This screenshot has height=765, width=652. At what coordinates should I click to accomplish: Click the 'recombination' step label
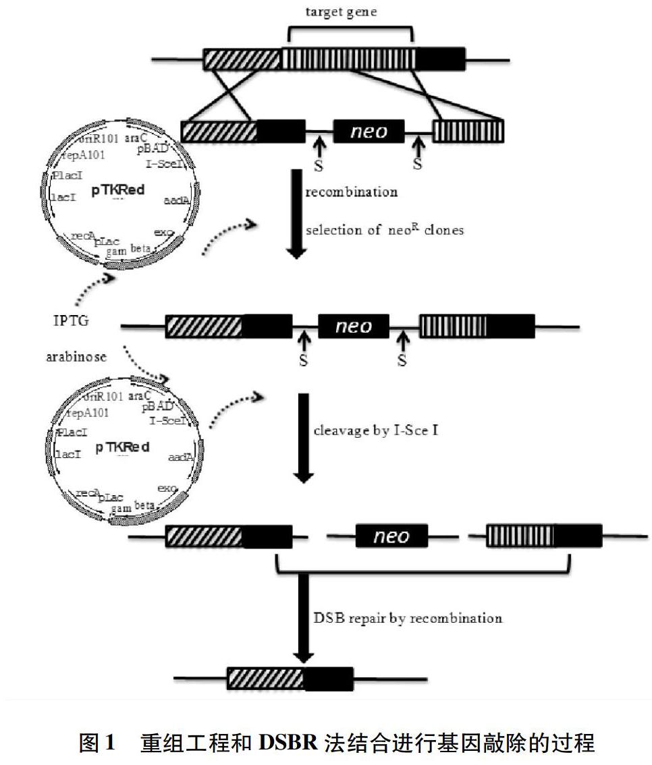pyautogui.click(x=351, y=192)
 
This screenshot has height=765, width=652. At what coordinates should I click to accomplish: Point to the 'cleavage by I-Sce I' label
pyautogui.click(x=376, y=429)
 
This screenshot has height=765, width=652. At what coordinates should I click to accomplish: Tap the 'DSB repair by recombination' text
pyautogui.click(x=408, y=618)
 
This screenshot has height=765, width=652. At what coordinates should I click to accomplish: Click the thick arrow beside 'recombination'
pyautogui.click(x=297, y=213)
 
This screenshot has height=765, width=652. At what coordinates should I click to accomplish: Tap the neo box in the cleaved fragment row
pyautogui.click(x=391, y=536)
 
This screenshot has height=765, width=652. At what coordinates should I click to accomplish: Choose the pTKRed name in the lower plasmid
pyautogui.click(x=122, y=447)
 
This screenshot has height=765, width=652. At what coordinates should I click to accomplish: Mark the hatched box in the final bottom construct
pyautogui.click(x=265, y=679)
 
